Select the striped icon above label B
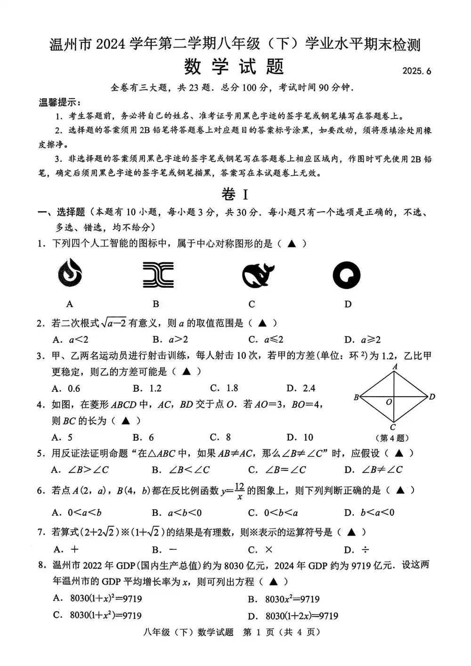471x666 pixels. [158, 275]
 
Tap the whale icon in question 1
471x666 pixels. [258, 275]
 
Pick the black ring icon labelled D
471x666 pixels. [347, 275]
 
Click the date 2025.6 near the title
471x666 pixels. [416, 71]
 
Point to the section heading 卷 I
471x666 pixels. [235, 194]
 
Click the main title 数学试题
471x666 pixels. [234, 66]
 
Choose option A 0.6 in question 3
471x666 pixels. [66, 389]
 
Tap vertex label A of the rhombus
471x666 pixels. [395, 366]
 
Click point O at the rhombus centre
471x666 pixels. [389, 402]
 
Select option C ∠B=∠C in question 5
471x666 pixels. [277, 470]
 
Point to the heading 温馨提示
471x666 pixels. [59, 102]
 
